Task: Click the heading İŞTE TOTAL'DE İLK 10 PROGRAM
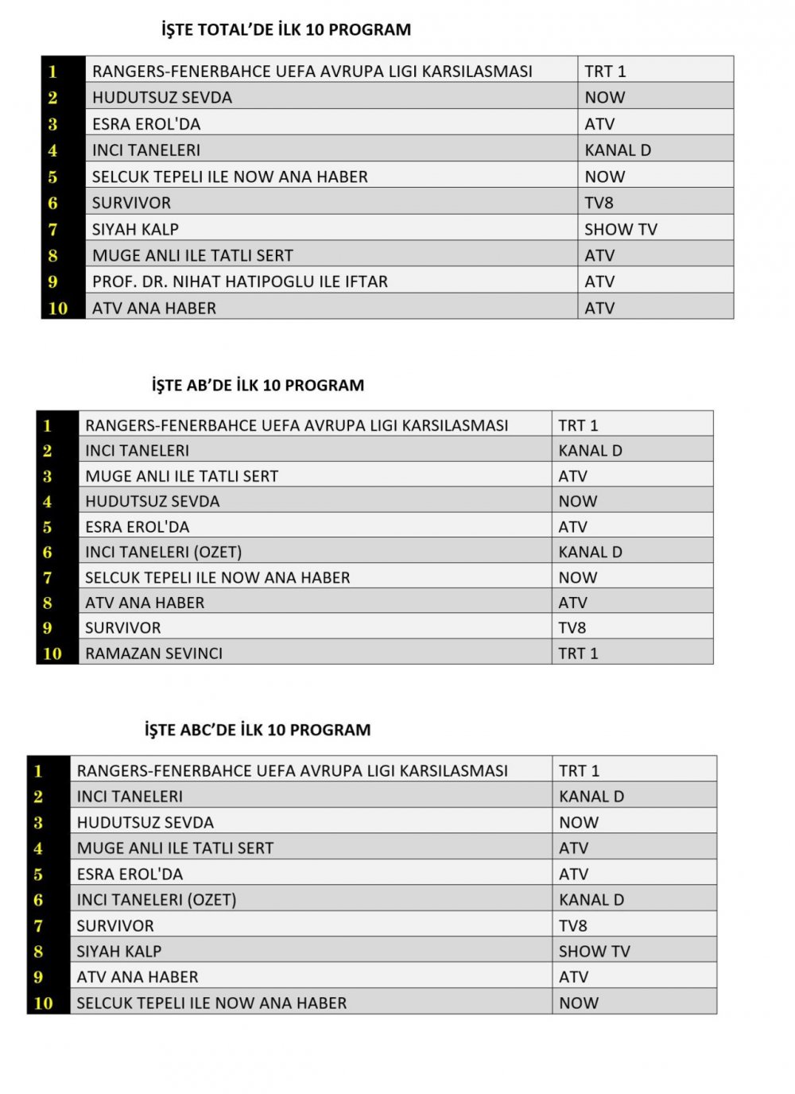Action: click(x=286, y=30)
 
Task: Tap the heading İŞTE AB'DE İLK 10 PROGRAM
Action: click(x=258, y=386)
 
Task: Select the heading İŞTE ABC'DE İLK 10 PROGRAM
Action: click(x=258, y=730)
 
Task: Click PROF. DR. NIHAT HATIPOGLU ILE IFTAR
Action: click(x=240, y=281)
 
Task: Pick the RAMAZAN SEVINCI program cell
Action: click(x=154, y=654)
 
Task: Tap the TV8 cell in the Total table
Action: click(x=599, y=203)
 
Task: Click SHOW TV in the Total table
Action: click(x=621, y=229)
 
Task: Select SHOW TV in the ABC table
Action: click(x=595, y=951)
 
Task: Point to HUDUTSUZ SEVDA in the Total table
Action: click(x=162, y=98)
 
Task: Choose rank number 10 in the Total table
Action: click(x=58, y=308)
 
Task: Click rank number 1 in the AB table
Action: click(x=48, y=425)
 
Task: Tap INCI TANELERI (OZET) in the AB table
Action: click(x=164, y=552)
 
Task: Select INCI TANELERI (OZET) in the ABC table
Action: click(x=157, y=900)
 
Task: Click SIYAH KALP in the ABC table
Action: click(x=119, y=951)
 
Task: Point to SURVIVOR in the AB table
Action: click(x=123, y=628)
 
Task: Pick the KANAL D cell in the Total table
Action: click(x=618, y=150)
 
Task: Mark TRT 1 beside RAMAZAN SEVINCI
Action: click(x=578, y=654)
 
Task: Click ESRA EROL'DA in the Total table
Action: click(x=146, y=124)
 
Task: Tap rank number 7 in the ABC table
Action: click(x=38, y=925)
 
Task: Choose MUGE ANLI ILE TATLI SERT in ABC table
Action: click(x=175, y=848)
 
